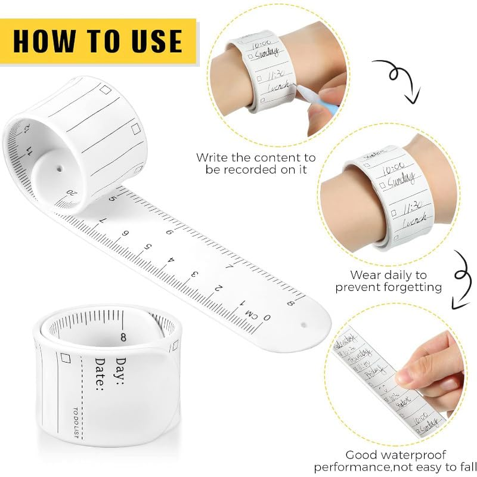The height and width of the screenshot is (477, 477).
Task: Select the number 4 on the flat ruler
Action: tap(172, 261)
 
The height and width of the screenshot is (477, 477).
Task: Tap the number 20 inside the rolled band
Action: tap(72, 193)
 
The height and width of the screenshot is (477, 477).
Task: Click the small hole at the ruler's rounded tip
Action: tap(304, 326)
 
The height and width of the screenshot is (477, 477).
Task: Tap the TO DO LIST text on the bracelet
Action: tap(76, 422)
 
